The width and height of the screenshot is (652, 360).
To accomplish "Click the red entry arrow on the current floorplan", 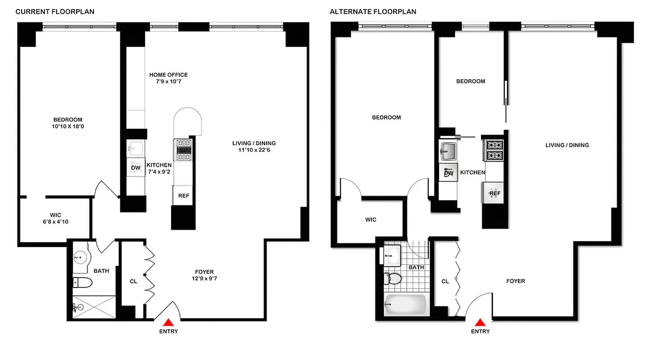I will [x=168, y=322].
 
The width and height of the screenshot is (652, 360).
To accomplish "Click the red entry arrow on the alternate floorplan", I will [x=480, y=322].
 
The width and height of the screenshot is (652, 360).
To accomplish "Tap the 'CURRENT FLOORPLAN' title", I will [x=55, y=12].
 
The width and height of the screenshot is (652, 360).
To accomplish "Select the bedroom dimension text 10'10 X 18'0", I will [x=68, y=126].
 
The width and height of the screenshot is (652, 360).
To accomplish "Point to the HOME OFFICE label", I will [x=168, y=75].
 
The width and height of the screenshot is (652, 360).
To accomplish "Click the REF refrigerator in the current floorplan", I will [x=183, y=196].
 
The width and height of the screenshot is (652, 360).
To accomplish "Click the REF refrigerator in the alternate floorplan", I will [x=495, y=193].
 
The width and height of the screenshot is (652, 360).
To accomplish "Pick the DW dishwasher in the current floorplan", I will [x=136, y=168].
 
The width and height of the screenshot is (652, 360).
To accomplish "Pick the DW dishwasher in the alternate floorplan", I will [x=448, y=173].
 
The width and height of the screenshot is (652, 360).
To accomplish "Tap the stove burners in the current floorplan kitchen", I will [x=183, y=149].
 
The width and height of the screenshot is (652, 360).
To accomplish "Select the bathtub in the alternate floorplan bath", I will [x=405, y=305].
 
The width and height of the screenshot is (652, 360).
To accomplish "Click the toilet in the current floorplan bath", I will [x=83, y=283].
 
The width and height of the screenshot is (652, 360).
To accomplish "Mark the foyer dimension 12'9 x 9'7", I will [x=204, y=279].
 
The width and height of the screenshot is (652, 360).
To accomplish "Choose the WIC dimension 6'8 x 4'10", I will [x=56, y=221].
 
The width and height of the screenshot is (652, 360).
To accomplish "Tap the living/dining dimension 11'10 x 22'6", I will [x=254, y=150].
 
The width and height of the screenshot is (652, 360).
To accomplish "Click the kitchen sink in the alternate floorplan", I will [x=448, y=151].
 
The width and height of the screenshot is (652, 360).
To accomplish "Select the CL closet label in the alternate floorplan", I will [x=445, y=281].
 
